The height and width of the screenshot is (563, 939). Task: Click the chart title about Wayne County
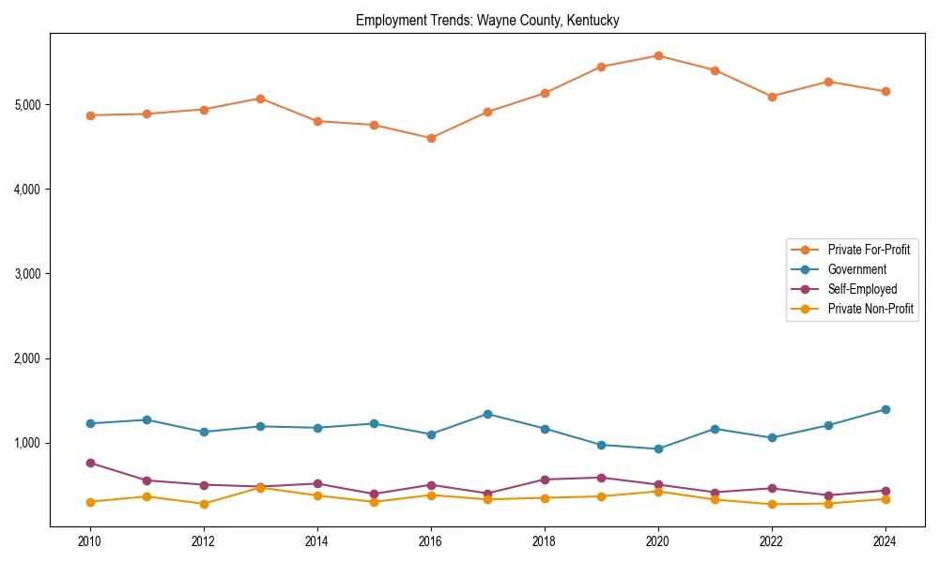pyautogui.click(x=487, y=20)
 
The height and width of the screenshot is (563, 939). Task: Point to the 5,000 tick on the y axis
pyautogui.click(x=28, y=104)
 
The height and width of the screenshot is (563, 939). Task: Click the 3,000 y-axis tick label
pyautogui.click(x=28, y=274)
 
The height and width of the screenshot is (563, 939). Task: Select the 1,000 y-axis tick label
pyautogui.click(x=28, y=443)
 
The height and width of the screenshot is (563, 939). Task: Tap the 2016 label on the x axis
pyautogui.click(x=431, y=542)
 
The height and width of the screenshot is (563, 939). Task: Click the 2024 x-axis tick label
pyautogui.click(x=885, y=542)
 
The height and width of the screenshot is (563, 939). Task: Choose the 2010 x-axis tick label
pyautogui.click(x=90, y=542)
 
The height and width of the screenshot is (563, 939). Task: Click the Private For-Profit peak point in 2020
pyautogui.click(x=658, y=55)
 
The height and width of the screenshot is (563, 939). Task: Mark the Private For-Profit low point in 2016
pyautogui.click(x=431, y=138)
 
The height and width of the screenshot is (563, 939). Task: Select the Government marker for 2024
pyautogui.click(x=885, y=409)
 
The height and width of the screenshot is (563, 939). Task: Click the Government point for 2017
pyautogui.click(x=487, y=414)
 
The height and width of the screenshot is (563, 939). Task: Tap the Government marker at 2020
pyautogui.click(x=658, y=449)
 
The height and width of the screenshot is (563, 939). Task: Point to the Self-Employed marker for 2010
pyautogui.click(x=90, y=463)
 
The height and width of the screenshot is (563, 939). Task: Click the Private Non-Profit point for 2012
pyautogui.click(x=204, y=504)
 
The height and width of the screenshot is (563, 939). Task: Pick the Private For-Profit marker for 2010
pyautogui.click(x=90, y=115)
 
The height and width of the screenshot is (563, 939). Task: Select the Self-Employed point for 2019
pyautogui.click(x=601, y=478)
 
